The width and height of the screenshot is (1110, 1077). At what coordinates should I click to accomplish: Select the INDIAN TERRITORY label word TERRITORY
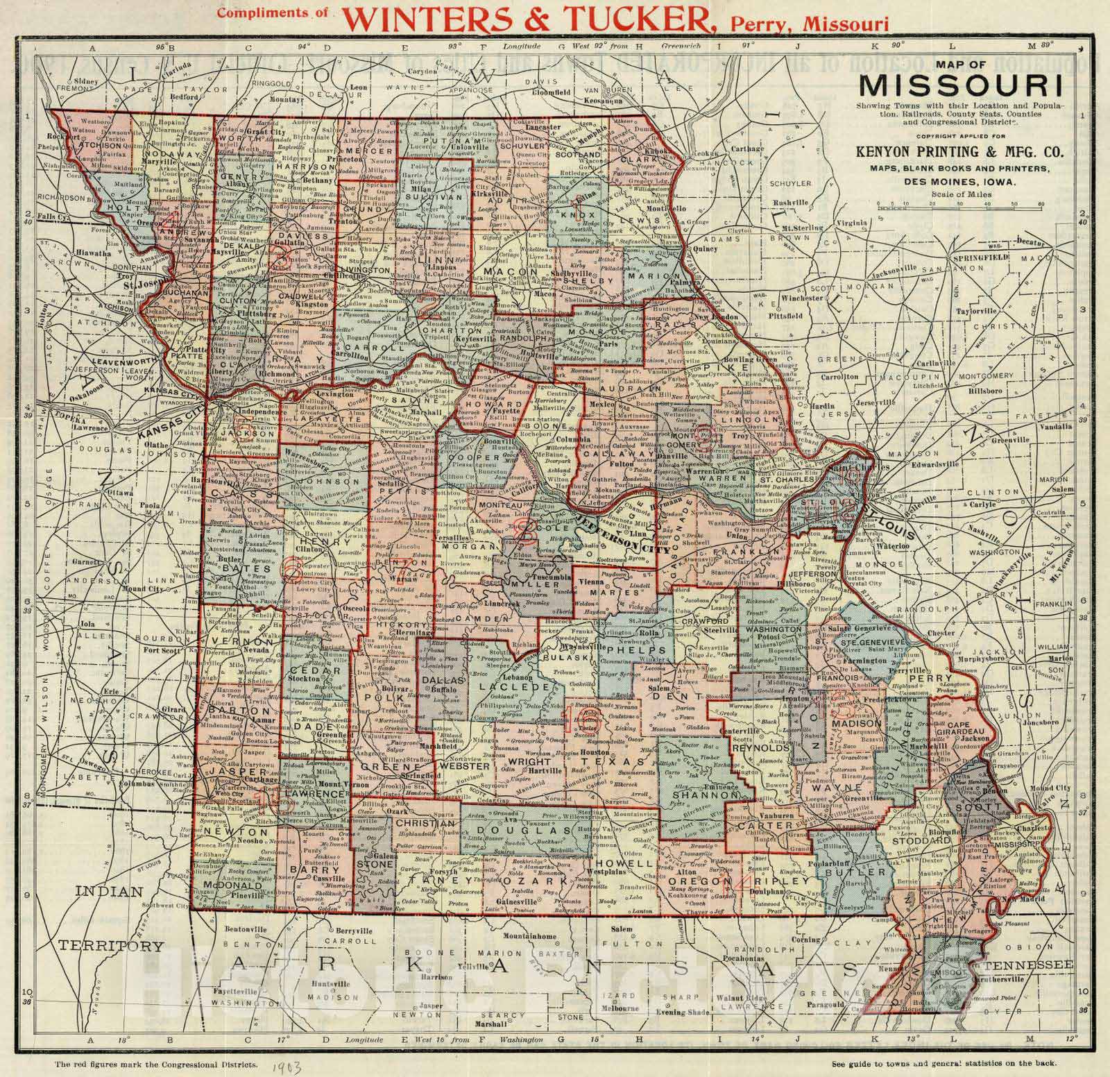click(110, 946)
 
